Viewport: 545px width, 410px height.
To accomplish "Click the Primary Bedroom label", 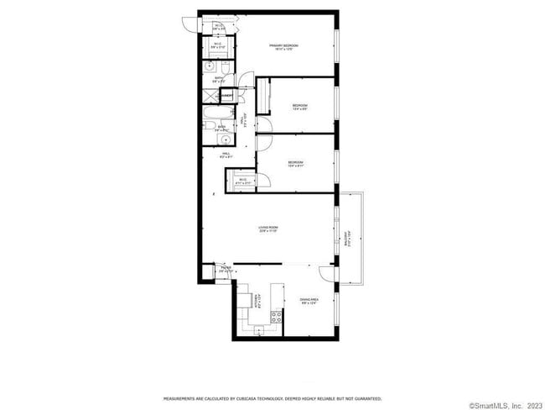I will coord(284,46).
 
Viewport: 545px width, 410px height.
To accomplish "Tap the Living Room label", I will coord(267,229).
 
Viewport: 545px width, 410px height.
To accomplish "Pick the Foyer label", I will coord(226,270).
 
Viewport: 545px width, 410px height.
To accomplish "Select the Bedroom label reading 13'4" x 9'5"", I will coord(299,107).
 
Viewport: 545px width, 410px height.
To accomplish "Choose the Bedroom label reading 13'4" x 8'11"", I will coord(295,164).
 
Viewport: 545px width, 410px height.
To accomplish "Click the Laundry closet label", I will coord(226,97).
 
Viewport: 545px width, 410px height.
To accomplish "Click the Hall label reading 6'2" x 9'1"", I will coord(226,155).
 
